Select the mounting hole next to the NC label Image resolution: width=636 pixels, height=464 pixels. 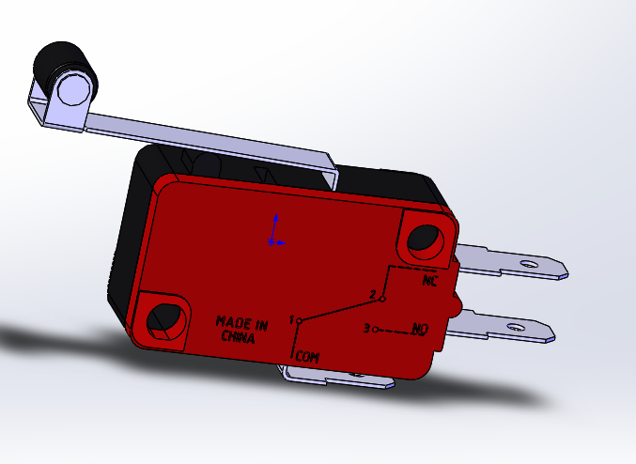point(424,240)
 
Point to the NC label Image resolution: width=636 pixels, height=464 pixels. point(429,280)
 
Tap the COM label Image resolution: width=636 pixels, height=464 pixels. point(307,357)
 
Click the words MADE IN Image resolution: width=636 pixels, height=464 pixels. point(242,323)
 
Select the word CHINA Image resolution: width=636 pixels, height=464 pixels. point(238,336)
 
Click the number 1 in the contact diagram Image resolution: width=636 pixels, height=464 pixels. point(292,318)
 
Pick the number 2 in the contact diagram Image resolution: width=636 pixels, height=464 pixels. point(372,295)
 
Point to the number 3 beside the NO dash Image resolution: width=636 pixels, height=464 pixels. point(366,328)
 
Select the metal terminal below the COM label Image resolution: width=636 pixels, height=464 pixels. point(338,378)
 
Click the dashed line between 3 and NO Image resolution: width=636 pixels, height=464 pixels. point(395,331)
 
